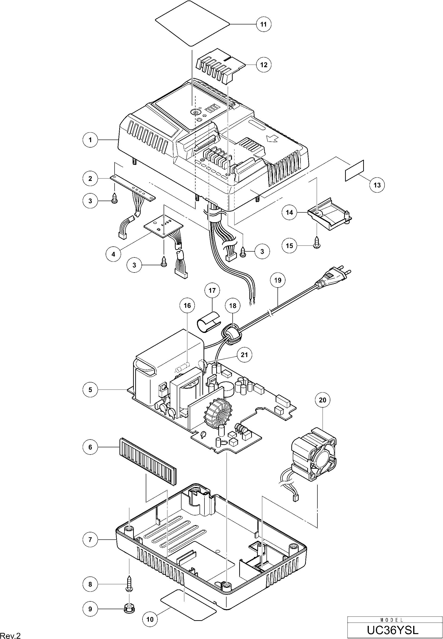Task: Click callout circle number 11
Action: pos(263,24)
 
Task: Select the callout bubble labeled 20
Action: pos(323,400)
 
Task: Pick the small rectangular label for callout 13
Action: pos(354,171)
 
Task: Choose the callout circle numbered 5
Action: pos(90,390)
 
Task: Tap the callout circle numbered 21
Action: pos(244,355)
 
